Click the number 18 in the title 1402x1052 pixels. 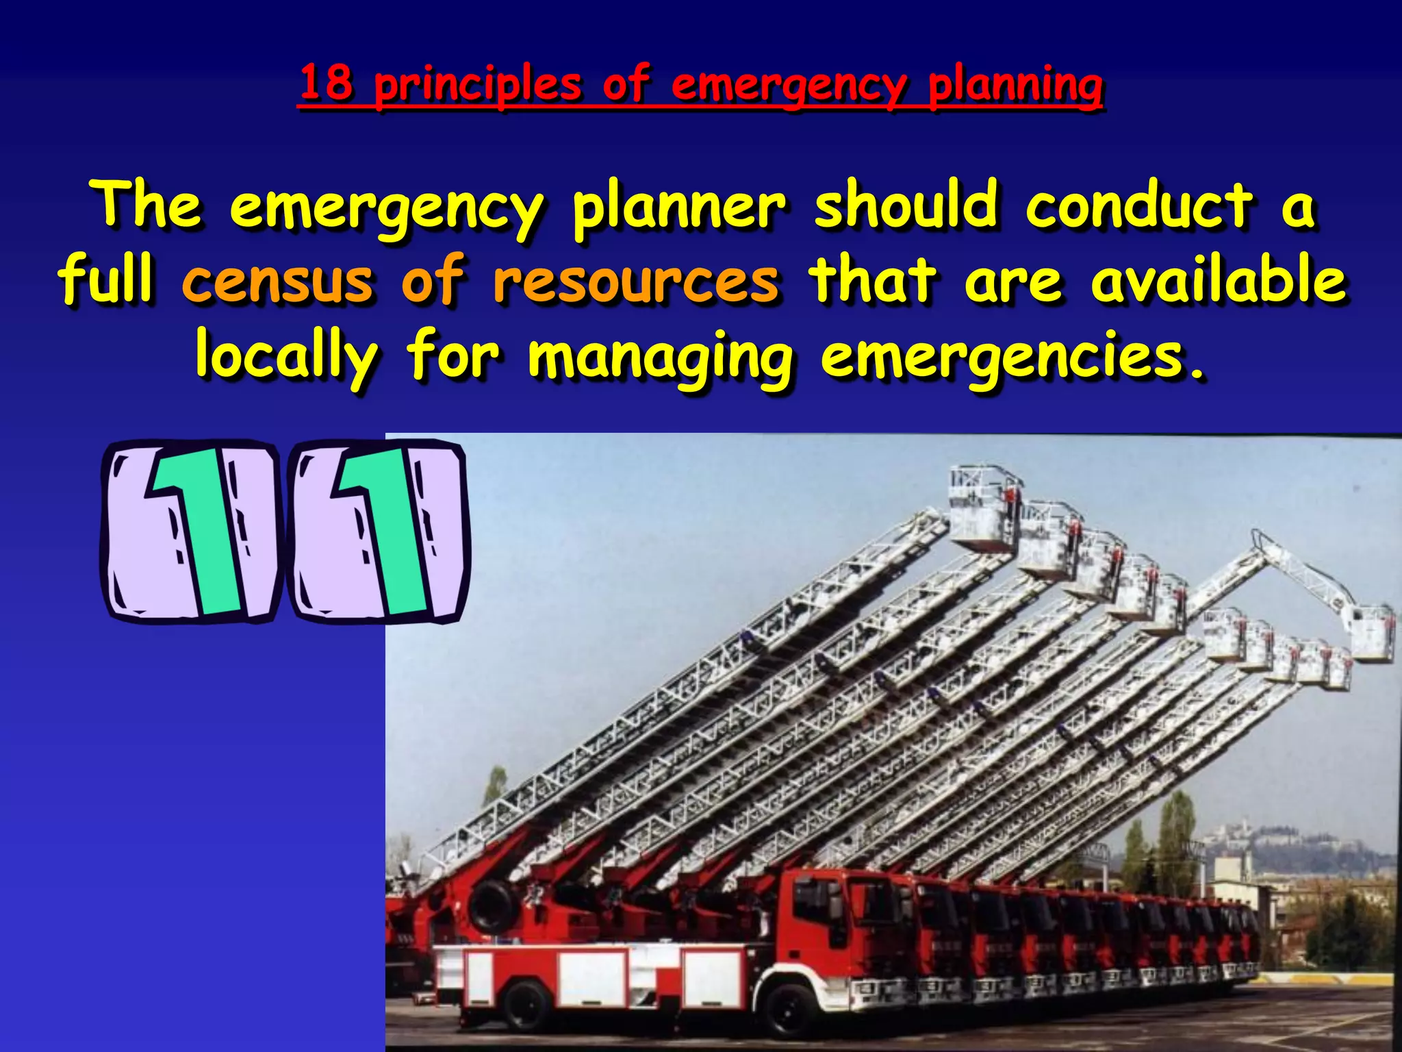[327, 83]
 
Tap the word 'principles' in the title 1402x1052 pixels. [478, 86]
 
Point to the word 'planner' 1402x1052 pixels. [679, 208]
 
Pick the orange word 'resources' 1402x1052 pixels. [636, 281]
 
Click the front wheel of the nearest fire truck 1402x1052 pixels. [796, 1013]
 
